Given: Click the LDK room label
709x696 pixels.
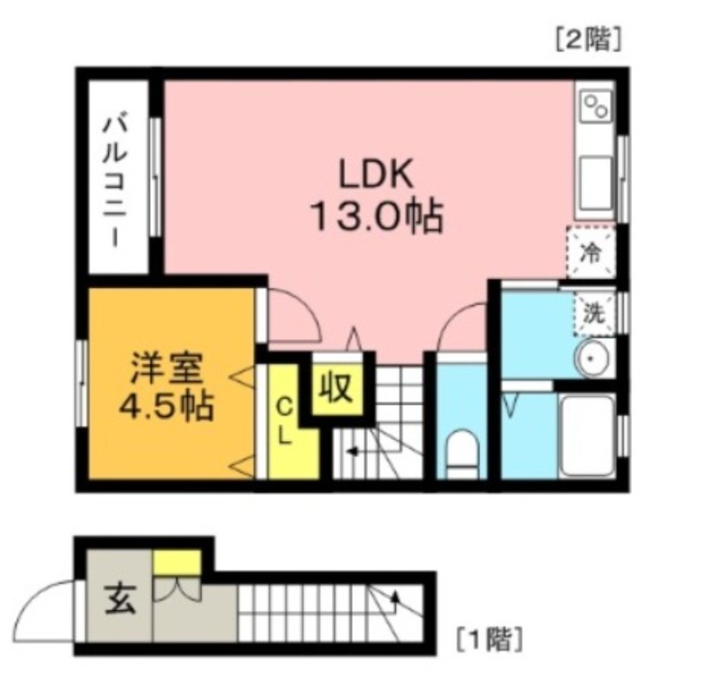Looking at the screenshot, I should (x=373, y=174).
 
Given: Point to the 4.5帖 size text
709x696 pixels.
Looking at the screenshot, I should (x=168, y=406).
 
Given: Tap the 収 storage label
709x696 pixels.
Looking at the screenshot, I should (x=337, y=388).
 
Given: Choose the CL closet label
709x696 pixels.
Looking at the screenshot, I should (x=284, y=421).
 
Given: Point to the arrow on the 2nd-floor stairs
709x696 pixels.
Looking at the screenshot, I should (x=354, y=451).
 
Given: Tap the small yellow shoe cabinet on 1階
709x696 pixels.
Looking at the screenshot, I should (x=176, y=561).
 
